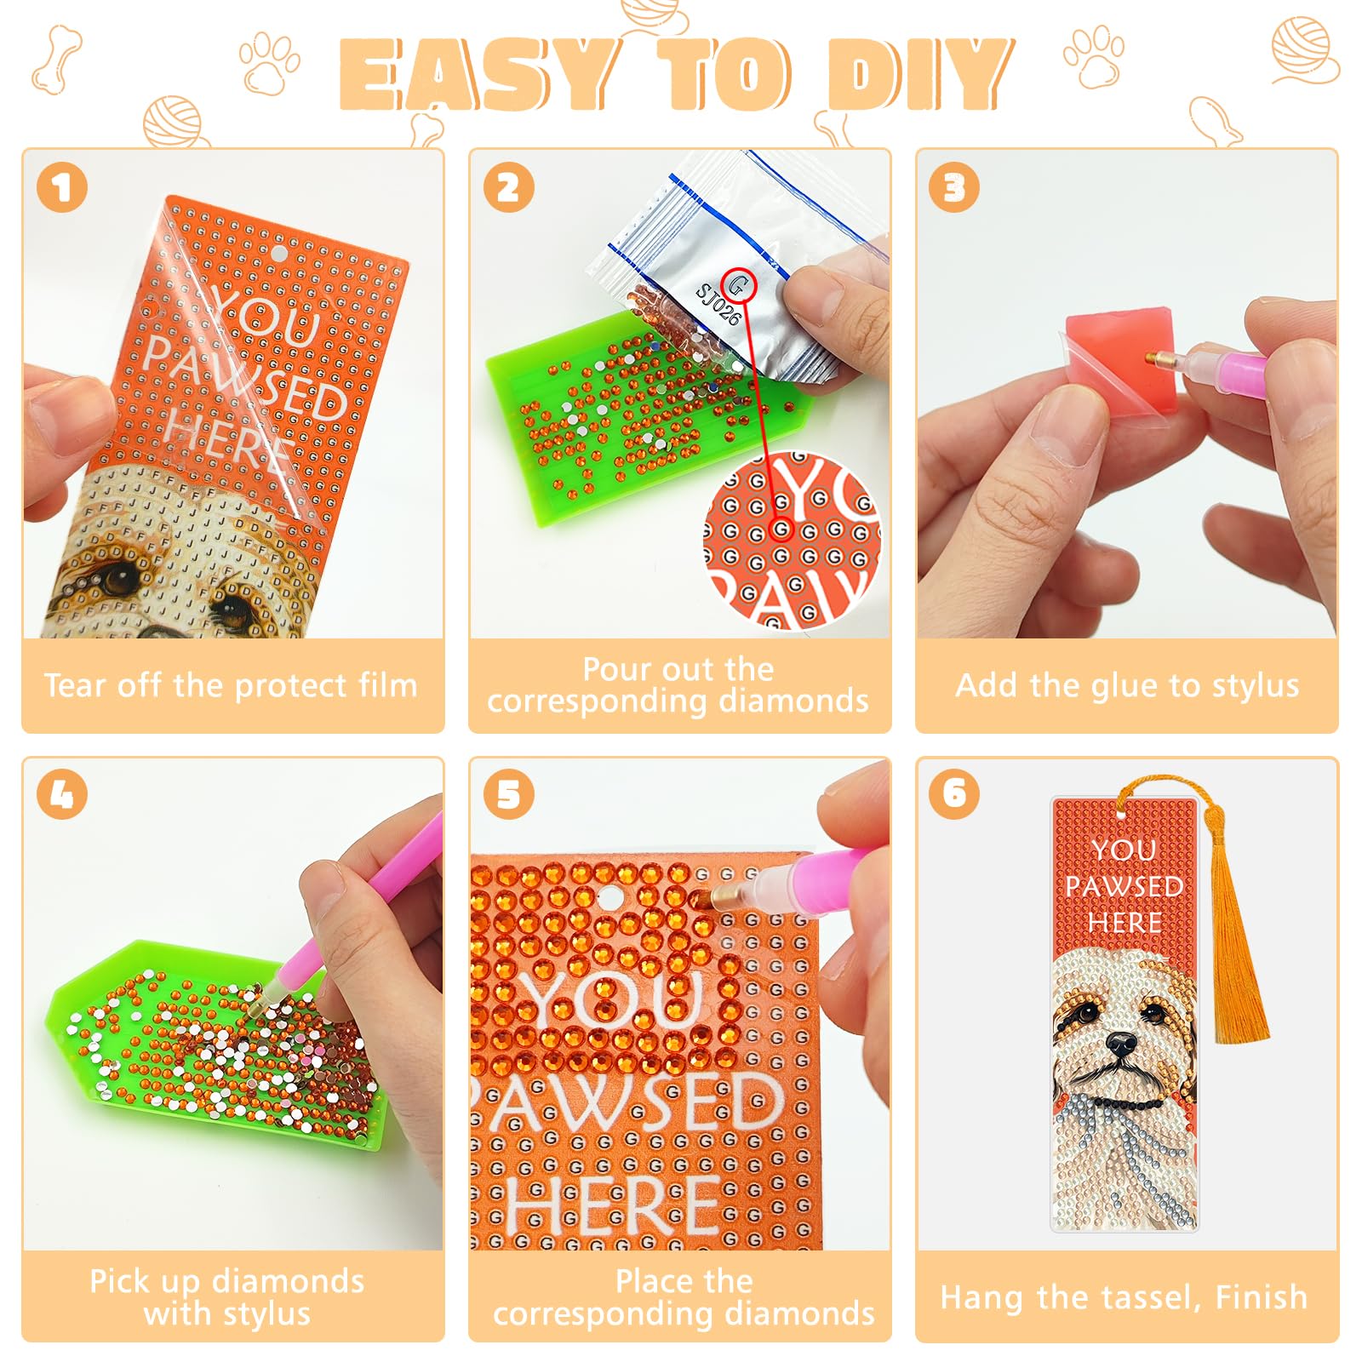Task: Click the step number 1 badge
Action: (x=62, y=187)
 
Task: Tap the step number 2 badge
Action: (x=509, y=187)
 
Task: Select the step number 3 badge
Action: (x=955, y=187)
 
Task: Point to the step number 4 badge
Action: (x=62, y=795)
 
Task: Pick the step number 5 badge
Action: (x=509, y=795)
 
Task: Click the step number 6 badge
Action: (x=955, y=793)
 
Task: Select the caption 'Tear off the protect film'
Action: (x=231, y=685)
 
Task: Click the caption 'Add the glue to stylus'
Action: (x=1127, y=685)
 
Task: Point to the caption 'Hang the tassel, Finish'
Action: (x=1124, y=1297)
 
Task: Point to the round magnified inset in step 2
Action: (x=792, y=541)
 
